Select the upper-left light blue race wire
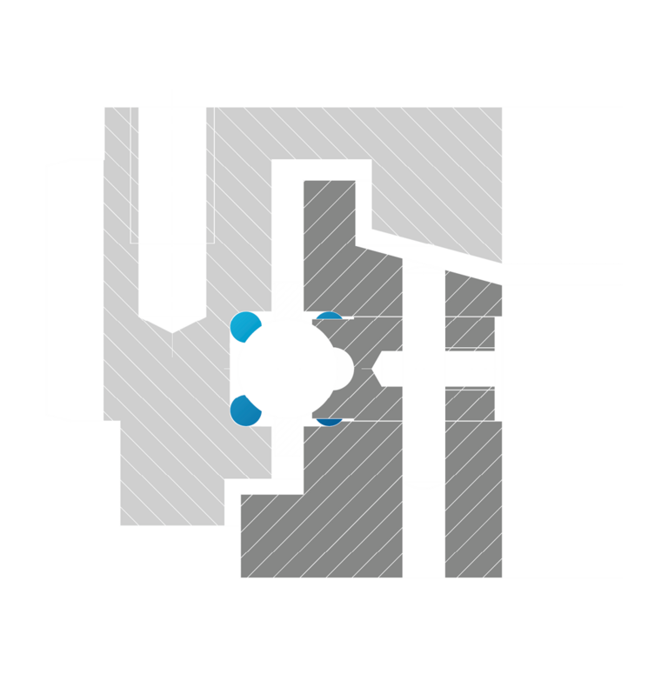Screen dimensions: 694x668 click(244, 324)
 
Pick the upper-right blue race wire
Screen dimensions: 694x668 click(330, 318)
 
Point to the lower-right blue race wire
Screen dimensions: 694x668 click(330, 419)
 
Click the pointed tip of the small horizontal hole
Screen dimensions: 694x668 click(378, 368)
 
